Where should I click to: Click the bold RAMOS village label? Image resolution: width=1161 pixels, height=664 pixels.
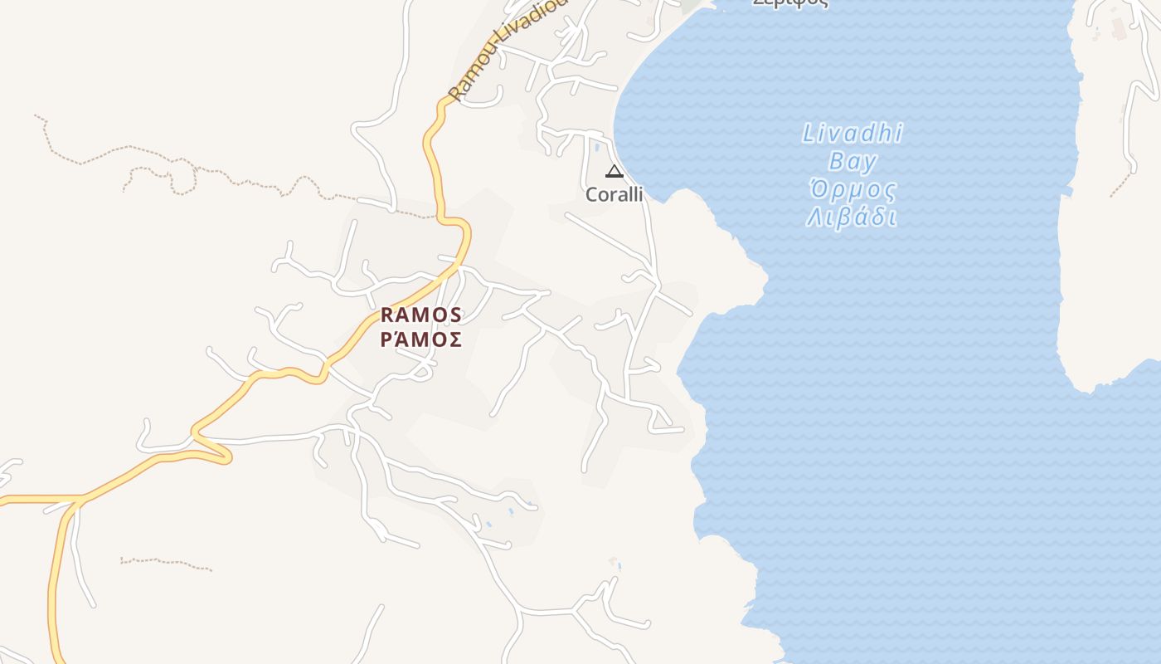click(420, 315)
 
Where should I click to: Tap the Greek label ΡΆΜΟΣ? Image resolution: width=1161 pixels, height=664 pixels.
click(420, 339)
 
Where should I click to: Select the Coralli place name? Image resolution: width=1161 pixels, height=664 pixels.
click(614, 194)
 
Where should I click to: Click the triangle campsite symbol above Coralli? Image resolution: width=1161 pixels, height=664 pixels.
click(614, 172)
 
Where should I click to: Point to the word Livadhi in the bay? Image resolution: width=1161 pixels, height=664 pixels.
click(853, 134)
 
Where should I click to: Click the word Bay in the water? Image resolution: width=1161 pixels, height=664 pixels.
click(853, 161)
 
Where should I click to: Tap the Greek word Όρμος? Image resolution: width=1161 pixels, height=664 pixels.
click(853, 190)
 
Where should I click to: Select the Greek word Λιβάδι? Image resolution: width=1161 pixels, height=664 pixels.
click(852, 217)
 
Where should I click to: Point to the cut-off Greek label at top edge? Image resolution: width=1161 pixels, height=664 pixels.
click(789, 3)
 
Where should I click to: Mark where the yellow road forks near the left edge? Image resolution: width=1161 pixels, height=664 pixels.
click(79, 500)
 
